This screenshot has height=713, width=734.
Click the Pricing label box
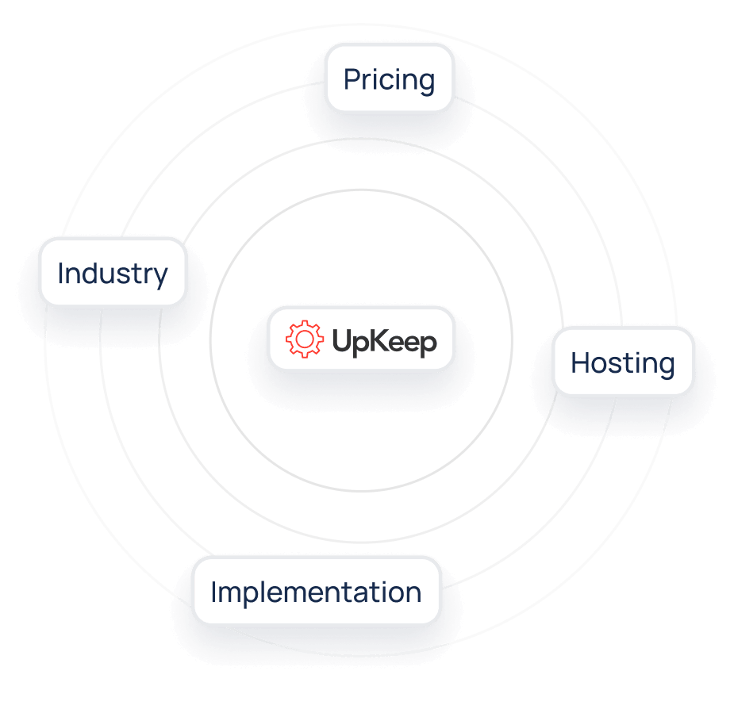tap(390, 78)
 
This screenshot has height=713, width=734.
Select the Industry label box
tap(113, 272)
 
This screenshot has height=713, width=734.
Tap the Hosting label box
tap(623, 362)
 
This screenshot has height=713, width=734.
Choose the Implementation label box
tap(317, 590)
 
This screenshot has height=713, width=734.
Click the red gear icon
tap(304, 339)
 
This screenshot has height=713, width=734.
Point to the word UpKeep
tap(384, 342)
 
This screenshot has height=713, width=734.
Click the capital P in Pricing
tap(352, 79)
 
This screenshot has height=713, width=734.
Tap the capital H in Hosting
tap(581, 362)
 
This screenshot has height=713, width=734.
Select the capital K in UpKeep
tap(381, 339)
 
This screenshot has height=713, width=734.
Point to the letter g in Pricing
tap(426, 82)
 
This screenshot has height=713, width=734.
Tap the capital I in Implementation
tap(214, 592)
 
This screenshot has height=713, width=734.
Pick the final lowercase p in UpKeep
tap(428, 346)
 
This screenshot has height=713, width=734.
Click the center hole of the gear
tap(304, 339)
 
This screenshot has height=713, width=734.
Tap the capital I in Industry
tap(61, 273)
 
